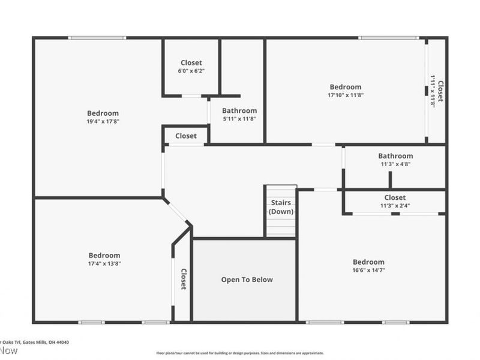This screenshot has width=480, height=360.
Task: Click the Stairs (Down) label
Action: point(281,207)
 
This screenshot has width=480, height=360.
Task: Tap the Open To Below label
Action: point(247,280)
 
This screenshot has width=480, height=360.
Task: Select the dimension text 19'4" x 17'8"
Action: point(103,121)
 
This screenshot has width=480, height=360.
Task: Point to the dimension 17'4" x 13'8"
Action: point(104,263)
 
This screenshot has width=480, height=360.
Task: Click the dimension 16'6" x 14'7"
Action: point(368,271)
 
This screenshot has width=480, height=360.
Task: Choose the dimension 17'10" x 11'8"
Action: point(345,95)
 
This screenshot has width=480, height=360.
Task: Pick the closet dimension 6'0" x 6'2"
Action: point(191,71)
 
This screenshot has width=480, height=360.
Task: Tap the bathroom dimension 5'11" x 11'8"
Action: point(239,119)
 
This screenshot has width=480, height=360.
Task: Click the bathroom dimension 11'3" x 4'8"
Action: point(395,164)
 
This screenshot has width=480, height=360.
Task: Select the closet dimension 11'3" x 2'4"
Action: point(395,206)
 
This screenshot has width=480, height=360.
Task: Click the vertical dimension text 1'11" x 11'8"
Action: point(433,91)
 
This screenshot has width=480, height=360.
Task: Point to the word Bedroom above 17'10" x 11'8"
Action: point(345,87)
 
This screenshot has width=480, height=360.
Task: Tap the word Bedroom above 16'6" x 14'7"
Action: point(368,262)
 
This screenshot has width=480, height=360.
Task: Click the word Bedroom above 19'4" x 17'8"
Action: point(103,113)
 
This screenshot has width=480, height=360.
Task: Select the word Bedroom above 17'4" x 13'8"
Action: point(104,255)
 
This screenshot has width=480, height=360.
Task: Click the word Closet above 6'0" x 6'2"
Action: point(191,62)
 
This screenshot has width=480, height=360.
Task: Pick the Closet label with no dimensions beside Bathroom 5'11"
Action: point(186,136)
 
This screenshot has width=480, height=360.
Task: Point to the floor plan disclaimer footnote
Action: point(240,353)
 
